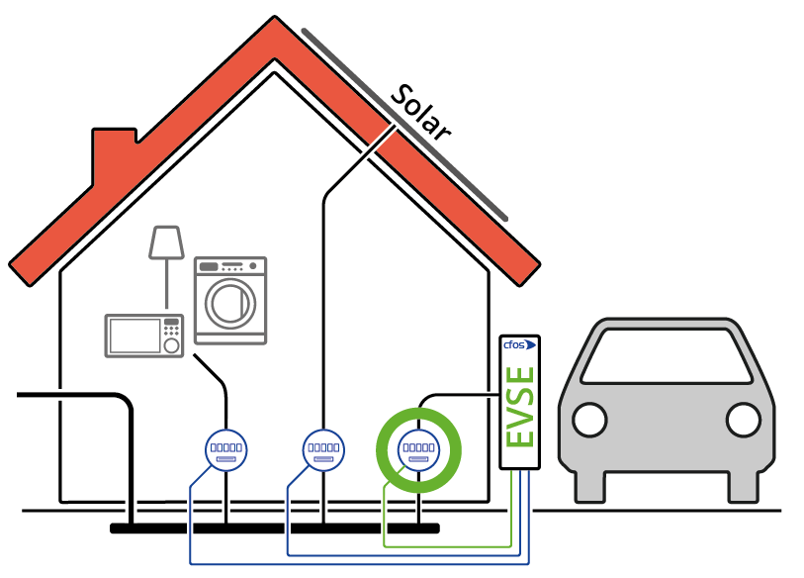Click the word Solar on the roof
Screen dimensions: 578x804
(419, 113)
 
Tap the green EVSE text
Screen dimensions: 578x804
(520, 407)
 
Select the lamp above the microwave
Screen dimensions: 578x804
(166, 242)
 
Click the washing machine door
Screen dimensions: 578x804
(231, 303)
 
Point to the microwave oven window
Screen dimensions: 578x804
(134, 336)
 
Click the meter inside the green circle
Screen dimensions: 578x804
(418, 449)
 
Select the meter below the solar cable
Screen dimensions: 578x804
(323, 449)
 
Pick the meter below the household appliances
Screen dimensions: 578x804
(225, 449)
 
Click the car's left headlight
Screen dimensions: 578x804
(589, 420)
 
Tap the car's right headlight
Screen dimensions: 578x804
(743, 420)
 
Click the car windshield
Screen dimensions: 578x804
(666, 356)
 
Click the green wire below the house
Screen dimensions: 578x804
(445, 545)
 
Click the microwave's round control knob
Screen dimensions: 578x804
(171, 346)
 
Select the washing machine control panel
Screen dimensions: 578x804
(230, 266)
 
